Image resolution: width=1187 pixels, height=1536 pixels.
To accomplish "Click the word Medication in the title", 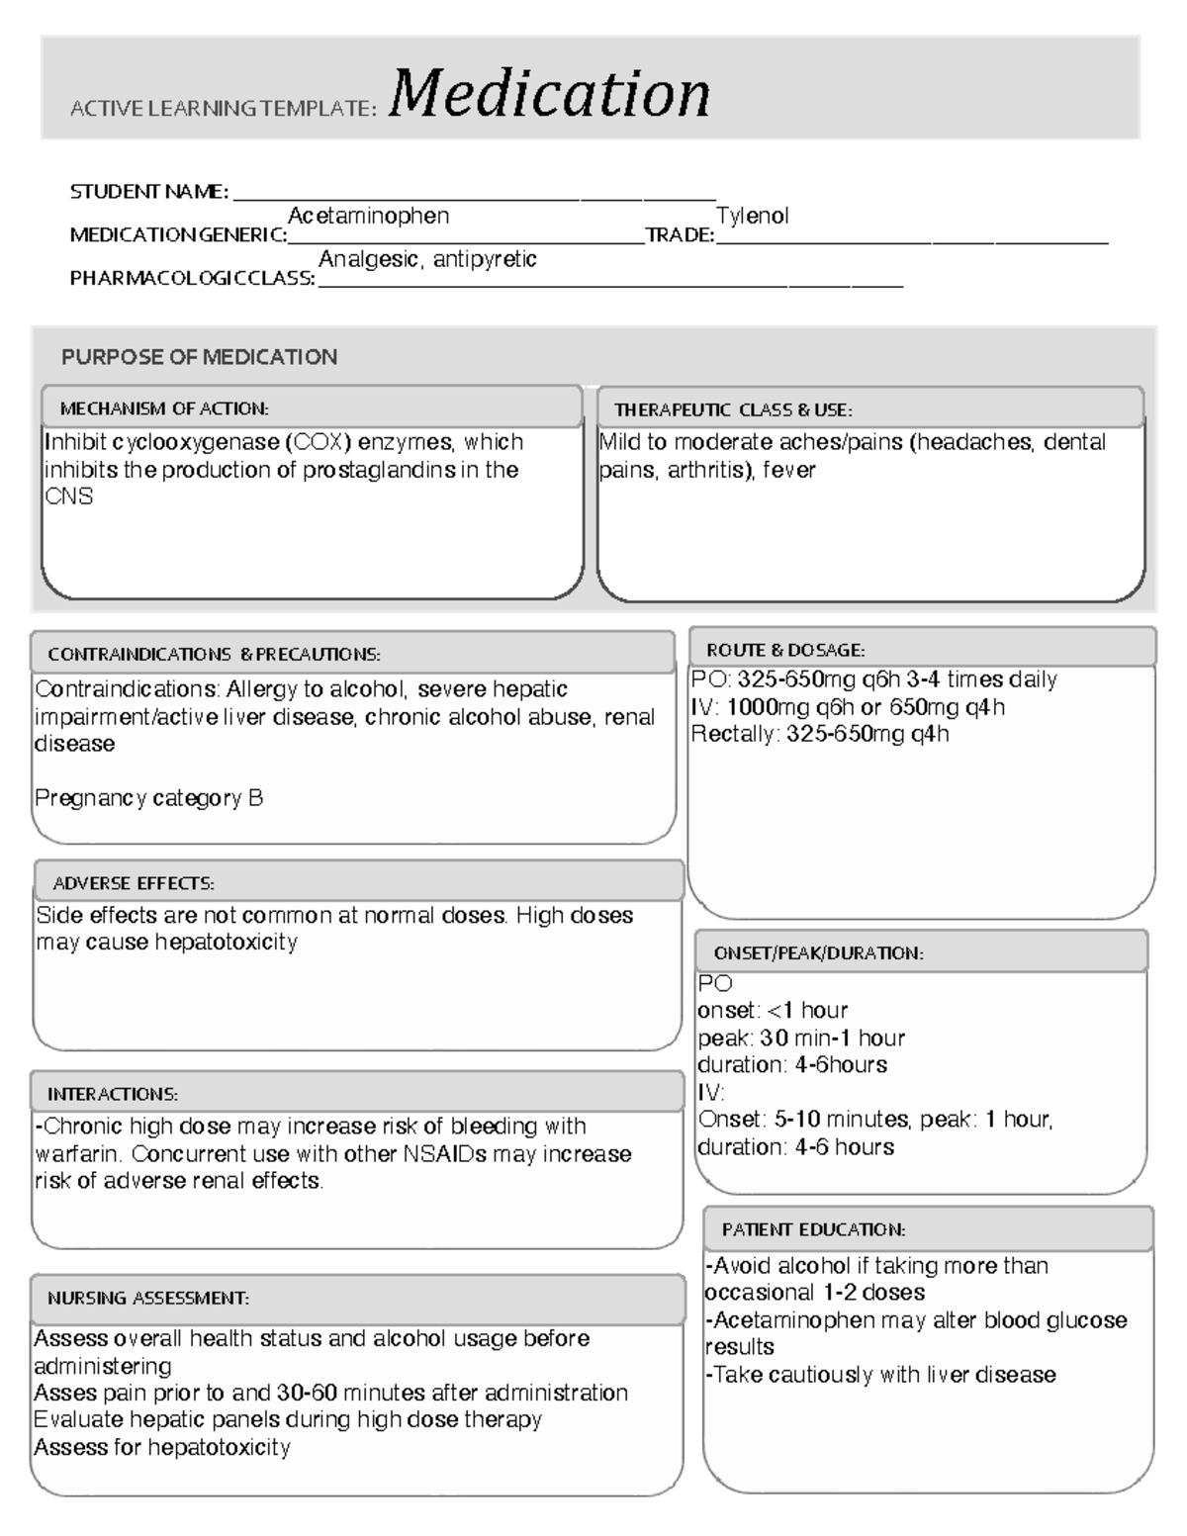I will click(549, 95).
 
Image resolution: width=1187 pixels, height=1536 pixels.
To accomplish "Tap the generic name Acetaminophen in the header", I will click(368, 216).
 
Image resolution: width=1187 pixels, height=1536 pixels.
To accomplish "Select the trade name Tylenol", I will click(752, 216).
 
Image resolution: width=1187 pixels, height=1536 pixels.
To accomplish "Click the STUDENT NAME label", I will click(148, 192).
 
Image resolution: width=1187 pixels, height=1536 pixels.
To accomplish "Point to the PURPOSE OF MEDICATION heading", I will click(199, 357).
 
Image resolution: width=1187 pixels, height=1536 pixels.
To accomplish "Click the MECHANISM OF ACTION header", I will click(164, 408).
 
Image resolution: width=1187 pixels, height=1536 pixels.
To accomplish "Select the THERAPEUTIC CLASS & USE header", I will click(733, 409).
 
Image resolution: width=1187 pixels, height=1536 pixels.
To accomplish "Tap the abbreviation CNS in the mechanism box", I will click(68, 497).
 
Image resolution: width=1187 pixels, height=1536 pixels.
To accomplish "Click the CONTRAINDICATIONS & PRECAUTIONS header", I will click(214, 655).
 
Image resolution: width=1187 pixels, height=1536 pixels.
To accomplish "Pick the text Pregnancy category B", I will click(148, 798).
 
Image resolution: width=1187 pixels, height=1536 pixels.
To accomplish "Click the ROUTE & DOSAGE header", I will click(785, 650).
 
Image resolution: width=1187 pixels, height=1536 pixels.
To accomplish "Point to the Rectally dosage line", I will click(819, 734).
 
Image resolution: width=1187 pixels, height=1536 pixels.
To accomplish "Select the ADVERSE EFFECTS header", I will click(134, 883).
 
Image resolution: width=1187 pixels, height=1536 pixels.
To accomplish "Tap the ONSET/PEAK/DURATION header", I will click(818, 953).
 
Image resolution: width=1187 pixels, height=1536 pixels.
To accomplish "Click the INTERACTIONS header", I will click(113, 1094).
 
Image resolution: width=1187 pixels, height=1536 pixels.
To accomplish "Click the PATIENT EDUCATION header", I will click(813, 1229).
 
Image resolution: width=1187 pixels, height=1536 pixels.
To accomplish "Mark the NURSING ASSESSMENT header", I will click(148, 1298).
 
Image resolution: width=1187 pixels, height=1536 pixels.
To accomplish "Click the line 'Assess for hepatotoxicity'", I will click(162, 1448).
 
